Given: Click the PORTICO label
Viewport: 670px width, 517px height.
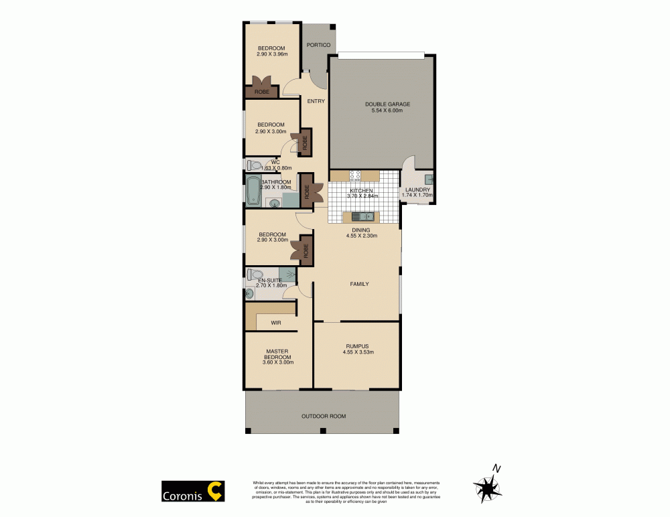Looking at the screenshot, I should point(318,45).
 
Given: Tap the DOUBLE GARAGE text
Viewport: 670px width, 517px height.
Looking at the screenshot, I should point(387,104).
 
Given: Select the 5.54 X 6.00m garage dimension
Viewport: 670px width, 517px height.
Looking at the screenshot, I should point(387,110).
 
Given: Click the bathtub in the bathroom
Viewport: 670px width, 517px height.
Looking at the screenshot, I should point(253,192).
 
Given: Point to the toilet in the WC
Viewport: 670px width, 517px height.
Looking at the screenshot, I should point(255,165).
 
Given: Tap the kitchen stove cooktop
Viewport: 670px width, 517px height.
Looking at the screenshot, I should point(356,176).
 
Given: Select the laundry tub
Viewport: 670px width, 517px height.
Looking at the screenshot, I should point(427,179).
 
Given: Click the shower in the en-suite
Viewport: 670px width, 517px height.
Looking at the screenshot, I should point(288,274).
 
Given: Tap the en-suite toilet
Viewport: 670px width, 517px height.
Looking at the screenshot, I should point(255,275).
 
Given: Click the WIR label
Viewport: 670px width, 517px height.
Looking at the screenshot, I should point(275,323).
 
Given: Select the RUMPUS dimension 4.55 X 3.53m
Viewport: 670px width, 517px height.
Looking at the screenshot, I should point(358,352).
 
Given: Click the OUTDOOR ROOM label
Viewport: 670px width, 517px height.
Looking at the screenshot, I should point(324,416).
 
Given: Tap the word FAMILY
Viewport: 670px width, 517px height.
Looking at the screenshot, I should point(359,284).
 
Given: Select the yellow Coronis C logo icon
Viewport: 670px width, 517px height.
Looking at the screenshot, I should point(214,492).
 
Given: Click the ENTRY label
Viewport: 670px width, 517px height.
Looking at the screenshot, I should point(316,102).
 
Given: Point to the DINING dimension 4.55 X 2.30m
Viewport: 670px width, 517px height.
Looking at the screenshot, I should point(361,236).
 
